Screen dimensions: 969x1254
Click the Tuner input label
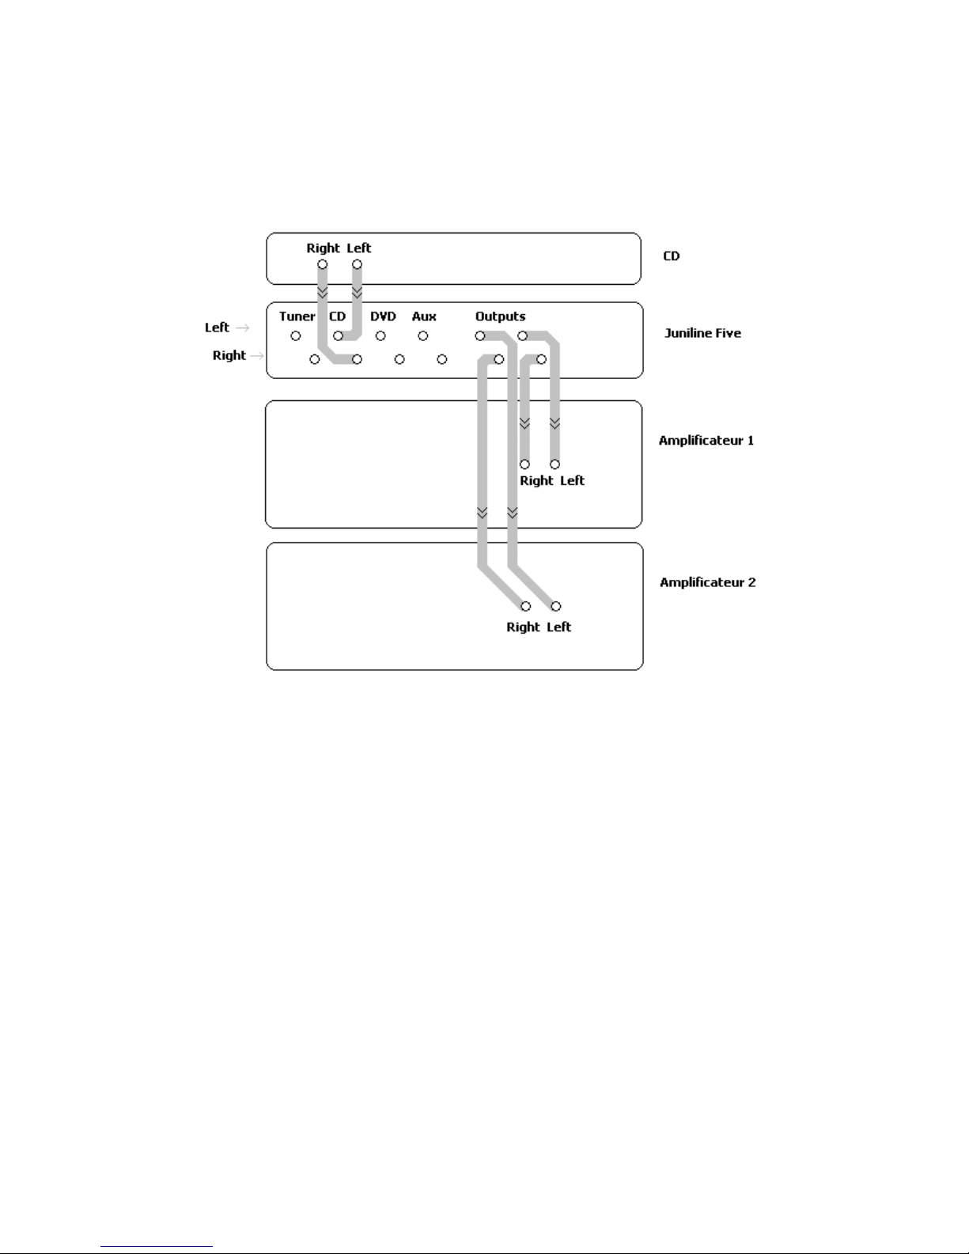click(x=297, y=316)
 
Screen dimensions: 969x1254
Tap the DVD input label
click(x=383, y=316)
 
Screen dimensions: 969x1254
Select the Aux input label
click(x=424, y=316)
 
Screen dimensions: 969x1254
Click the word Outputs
click(x=500, y=316)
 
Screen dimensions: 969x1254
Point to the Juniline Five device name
click(x=702, y=333)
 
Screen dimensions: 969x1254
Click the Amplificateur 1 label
click(x=706, y=440)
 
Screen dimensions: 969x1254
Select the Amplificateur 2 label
click(x=707, y=582)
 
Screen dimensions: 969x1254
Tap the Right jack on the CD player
click(x=323, y=264)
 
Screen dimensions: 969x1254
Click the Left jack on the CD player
click(x=357, y=264)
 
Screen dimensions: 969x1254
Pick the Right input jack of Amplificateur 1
click(x=524, y=464)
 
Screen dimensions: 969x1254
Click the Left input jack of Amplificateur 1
click(x=555, y=464)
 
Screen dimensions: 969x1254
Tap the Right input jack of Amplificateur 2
click(x=525, y=607)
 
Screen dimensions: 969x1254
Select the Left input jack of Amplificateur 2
click(x=556, y=607)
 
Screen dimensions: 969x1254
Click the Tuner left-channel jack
click(x=296, y=336)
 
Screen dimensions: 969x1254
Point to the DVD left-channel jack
click(x=380, y=336)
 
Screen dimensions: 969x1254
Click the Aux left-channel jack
click(x=423, y=336)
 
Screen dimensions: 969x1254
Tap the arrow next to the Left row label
click(x=243, y=328)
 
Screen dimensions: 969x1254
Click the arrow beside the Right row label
click(x=256, y=356)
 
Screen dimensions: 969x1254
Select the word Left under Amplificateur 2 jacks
click(x=558, y=627)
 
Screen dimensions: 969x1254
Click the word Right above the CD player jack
click(x=323, y=248)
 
